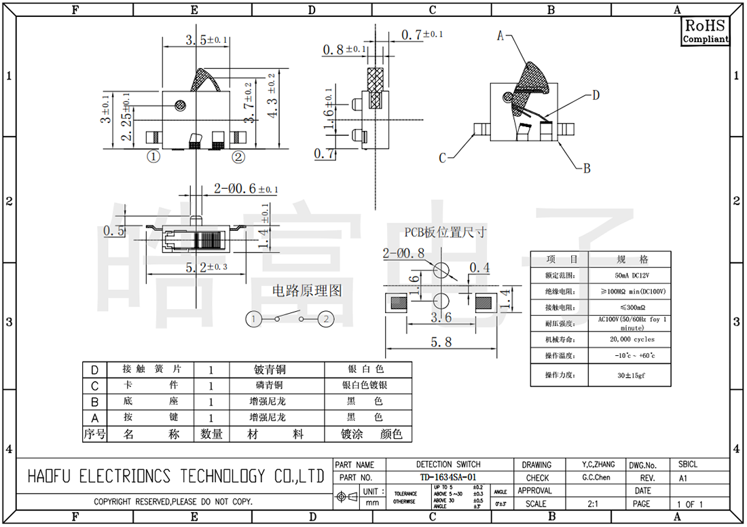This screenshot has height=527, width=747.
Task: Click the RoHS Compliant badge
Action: click(705, 31)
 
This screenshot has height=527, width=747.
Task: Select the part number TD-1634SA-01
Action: click(448, 477)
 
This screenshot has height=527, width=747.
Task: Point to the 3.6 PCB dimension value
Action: click(441, 317)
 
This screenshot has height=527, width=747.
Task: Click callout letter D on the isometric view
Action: click(596, 95)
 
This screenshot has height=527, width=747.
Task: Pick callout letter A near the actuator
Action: click(501, 35)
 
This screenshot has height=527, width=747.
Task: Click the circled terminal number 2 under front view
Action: click(238, 157)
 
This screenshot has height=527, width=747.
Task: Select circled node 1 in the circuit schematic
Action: click(253, 319)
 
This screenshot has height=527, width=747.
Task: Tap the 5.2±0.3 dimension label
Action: click(206, 268)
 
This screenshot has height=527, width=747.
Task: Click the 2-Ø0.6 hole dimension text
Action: click(245, 188)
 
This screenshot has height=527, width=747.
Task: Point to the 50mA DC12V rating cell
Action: click(629, 276)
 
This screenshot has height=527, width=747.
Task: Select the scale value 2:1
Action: click(592, 504)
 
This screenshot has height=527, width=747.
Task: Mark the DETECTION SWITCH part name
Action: click(448, 465)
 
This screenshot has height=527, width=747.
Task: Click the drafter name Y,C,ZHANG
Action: click(598, 465)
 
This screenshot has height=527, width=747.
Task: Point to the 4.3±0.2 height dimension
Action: click(272, 96)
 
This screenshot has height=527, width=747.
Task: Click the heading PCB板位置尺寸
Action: click(445, 232)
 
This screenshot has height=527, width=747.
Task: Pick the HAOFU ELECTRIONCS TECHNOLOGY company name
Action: click(175, 477)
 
